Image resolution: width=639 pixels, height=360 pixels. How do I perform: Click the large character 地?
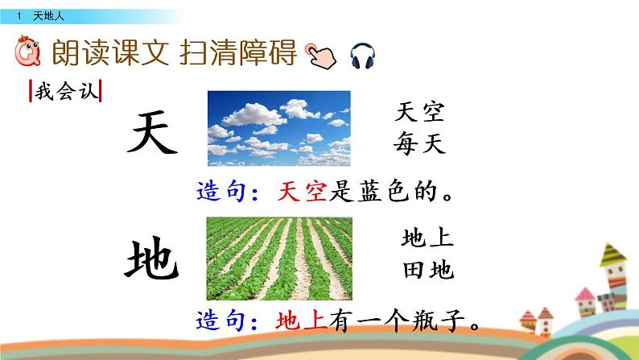(x=151, y=259)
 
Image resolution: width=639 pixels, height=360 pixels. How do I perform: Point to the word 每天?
(x=419, y=143)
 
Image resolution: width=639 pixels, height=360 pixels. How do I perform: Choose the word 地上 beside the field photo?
(x=427, y=238)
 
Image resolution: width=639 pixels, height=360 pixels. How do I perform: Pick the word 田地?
(x=427, y=270)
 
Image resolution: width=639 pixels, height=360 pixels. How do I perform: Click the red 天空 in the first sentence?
(x=302, y=192)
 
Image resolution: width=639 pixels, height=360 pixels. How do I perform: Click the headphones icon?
(x=364, y=56)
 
